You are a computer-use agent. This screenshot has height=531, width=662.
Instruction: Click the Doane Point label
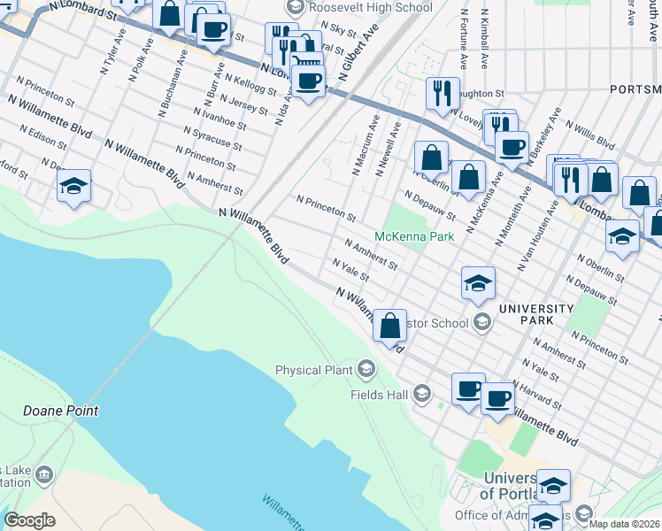point(60,412)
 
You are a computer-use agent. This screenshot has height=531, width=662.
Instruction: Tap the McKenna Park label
point(414,236)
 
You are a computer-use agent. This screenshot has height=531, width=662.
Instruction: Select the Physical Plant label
point(314,370)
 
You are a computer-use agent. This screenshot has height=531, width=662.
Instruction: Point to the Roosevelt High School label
point(371,7)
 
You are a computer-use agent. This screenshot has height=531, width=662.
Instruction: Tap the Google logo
point(29,520)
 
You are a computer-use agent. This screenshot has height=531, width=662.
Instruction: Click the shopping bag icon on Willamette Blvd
point(389,326)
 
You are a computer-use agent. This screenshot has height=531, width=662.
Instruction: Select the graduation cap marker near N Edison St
point(74,186)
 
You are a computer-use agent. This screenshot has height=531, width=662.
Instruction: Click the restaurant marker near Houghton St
point(442,93)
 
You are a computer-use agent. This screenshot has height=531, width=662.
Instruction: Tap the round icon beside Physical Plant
point(366,368)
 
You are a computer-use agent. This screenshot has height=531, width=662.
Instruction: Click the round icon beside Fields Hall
point(422,393)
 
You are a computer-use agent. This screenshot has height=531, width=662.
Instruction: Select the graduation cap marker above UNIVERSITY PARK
point(478,284)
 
